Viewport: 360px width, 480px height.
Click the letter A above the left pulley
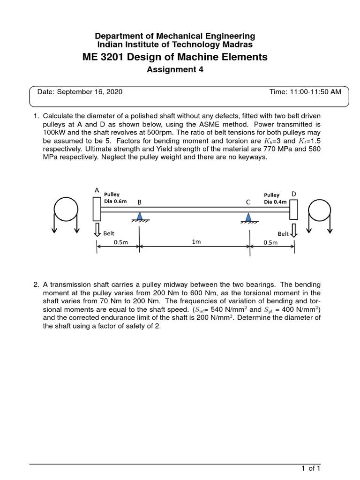[x=97, y=190]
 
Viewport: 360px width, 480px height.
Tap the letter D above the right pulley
[x=294, y=193]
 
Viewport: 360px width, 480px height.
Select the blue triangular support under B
[x=139, y=215]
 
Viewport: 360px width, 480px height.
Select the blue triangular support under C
[x=248, y=216]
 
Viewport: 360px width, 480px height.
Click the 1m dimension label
[x=196, y=242]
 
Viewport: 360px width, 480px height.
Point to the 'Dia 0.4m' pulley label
[x=273, y=202]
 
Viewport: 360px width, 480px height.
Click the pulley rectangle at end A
[x=97, y=209]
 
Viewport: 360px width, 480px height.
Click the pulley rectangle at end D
[x=294, y=209]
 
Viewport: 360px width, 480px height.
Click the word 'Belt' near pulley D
[x=283, y=233]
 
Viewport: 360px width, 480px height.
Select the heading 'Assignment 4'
[x=175, y=70]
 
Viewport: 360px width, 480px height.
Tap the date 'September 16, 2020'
[x=90, y=92]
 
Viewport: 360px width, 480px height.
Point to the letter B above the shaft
[x=139, y=202]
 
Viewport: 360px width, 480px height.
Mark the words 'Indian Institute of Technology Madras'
[x=174, y=44]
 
